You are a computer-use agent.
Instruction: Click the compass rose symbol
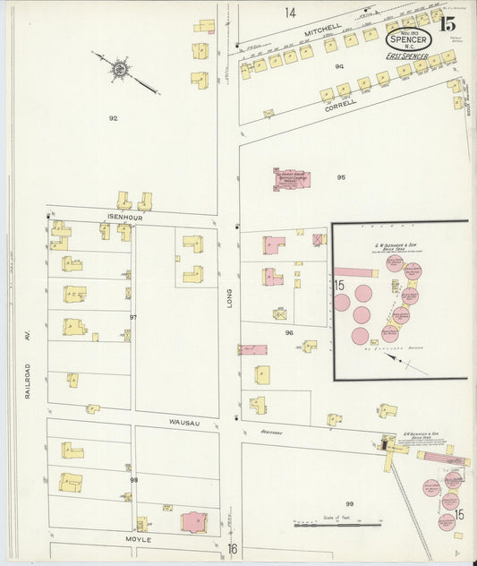click(119, 67)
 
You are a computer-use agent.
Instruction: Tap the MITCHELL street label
click(323, 31)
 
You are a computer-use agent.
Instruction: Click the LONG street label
click(229, 304)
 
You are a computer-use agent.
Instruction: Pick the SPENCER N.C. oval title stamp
click(409, 39)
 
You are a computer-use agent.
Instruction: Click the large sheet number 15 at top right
click(447, 24)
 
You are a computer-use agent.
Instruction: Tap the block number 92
click(113, 118)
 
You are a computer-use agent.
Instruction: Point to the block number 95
click(341, 177)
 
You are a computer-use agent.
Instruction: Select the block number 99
click(350, 504)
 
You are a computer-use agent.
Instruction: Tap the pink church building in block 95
click(291, 179)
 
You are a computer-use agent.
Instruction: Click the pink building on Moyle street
click(193, 521)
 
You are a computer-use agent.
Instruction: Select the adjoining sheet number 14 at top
click(290, 13)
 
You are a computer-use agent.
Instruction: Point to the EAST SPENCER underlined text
click(407, 57)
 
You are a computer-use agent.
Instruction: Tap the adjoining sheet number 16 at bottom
click(232, 548)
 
